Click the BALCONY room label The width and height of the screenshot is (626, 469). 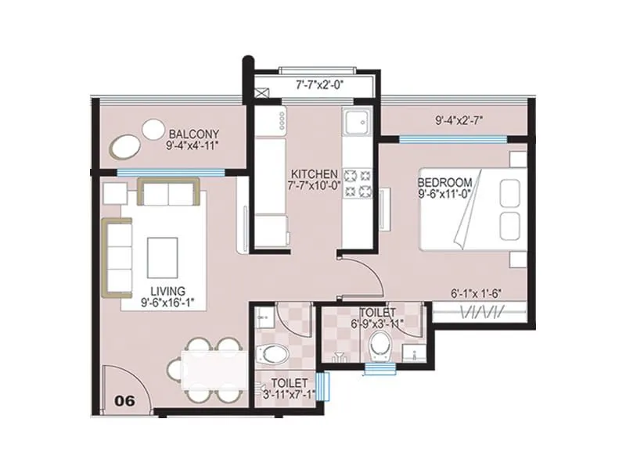point(192,133)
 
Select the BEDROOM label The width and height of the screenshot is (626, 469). point(444,185)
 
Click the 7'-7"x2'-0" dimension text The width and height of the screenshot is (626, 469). point(314,84)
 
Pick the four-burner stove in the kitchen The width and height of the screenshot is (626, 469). point(358,181)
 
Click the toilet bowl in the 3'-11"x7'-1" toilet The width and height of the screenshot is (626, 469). point(274,352)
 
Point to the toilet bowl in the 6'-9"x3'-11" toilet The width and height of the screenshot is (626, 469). point(380,342)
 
